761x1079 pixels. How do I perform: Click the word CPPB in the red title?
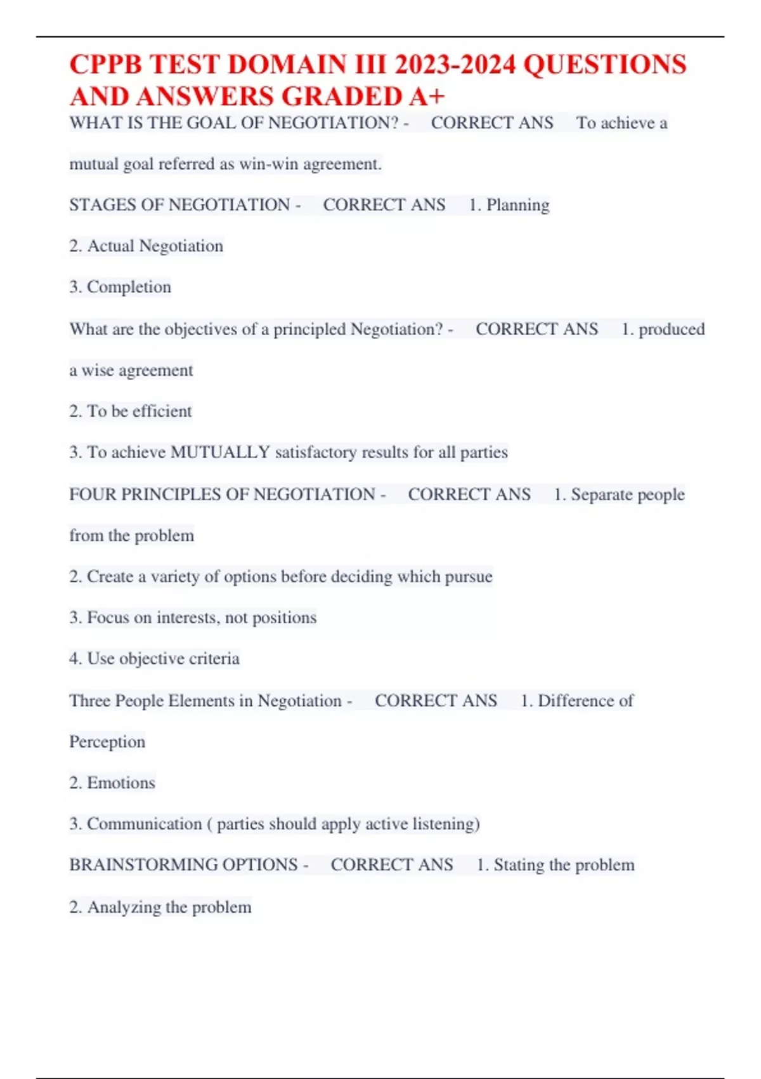click(106, 65)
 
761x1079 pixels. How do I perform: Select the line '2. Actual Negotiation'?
click(146, 246)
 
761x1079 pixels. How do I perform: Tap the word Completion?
click(129, 287)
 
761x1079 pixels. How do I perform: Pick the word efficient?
click(160, 411)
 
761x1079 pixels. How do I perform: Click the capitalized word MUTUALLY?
click(220, 452)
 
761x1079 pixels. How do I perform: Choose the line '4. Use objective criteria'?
click(154, 659)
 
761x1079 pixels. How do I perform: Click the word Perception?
click(107, 741)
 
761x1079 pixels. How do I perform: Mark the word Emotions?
click(120, 783)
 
